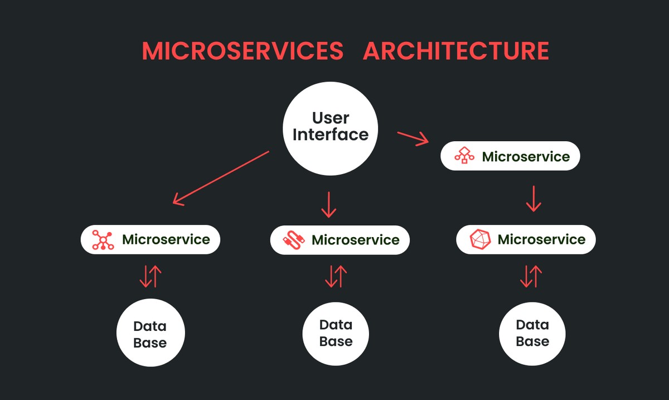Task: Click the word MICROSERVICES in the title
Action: [x=243, y=51]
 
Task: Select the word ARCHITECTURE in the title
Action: [x=455, y=51]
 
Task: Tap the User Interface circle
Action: [x=330, y=128]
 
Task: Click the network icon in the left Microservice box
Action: [x=103, y=240]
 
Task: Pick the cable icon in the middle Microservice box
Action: [x=293, y=240]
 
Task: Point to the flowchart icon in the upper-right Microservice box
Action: [x=464, y=156]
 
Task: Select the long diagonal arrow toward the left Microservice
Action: [x=221, y=177]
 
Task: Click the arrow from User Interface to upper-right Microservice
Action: [x=413, y=138]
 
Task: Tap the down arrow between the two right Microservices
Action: [x=534, y=198]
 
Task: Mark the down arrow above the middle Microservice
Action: [x=329, y=205]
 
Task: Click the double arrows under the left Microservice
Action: [x=150, y=276]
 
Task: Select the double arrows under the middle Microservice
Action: [x=336, y=276]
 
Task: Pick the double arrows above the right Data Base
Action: [x=531, y=276]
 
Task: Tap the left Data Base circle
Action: [x=150, y=334]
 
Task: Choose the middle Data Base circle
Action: [x=336, y=334]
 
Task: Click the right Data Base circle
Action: [x=532, y=334]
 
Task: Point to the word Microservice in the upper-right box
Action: [x=526, y=157]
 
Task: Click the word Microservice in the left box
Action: [x=166, y=240]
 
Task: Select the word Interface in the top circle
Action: [x=331, y=135]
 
